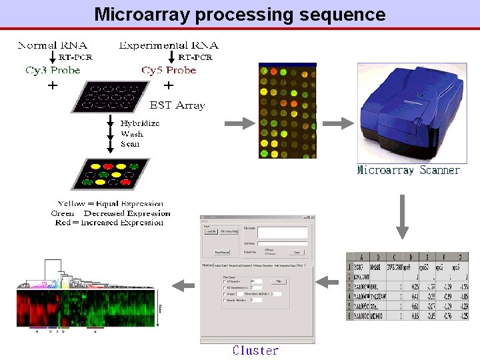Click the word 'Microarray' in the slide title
pyautogui.click(x=142, y=14)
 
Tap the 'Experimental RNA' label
pyautogui.click(x=169, y=45)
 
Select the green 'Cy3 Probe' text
pyautogui.click(x=53, y=70)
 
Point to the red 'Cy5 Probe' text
pyautogui.click(x=169, y=70)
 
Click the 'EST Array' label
pyautogui.click(x=177, y=105)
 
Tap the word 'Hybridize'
pyautogui.click(x=140, y=123)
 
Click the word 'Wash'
pyautogui.click(x=132, y=133)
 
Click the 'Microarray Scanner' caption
pyautogui.click(x=408, y=170)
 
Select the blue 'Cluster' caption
pyautogui.click(x=255, y=351)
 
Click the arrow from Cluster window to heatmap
pyautogui.click(x=181, y=285)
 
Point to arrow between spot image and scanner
pyautogui.click(x=341, y=123)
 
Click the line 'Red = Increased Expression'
pyautogui.click(x=109, y=223)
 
